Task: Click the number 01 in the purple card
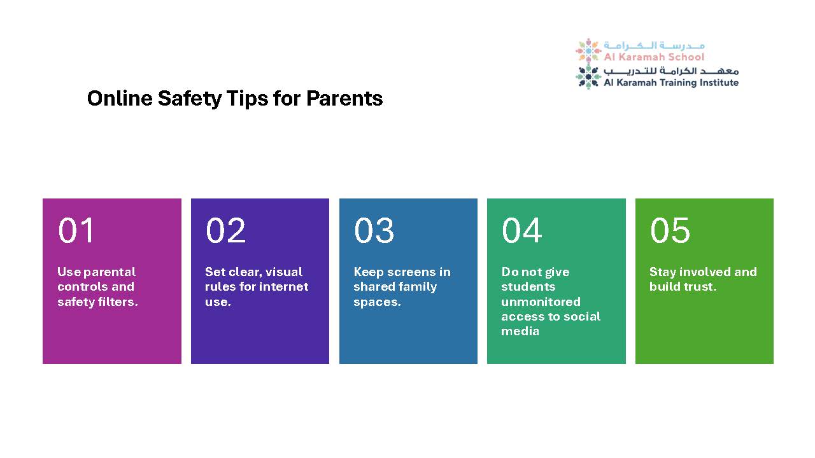pyautogui.click(x=76, y=230)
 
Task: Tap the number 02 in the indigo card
pyautogui.click(x=225, y=230)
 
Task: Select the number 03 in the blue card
pyautogui.click(x=374, y=230)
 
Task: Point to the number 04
pyautogui.click(x=521, y=230)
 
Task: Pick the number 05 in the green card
pyautogui.click(x=670, y=230)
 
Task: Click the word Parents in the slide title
pyautogui.click(x=344, y=99)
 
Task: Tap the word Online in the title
pyautogui.click(x=120, y=99)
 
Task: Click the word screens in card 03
pyautogui.click(x=411, y=272)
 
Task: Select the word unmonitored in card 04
pyautogui.click(x=541, y=302)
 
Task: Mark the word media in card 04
pyautogui.click(x=520, y=331)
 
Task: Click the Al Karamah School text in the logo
pyautogui.click(x=654, y=57)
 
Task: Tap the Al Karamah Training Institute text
pyautogui.click(x=671, y=83)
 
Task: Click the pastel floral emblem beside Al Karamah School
pyautogui.click(x=588, y=51)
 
